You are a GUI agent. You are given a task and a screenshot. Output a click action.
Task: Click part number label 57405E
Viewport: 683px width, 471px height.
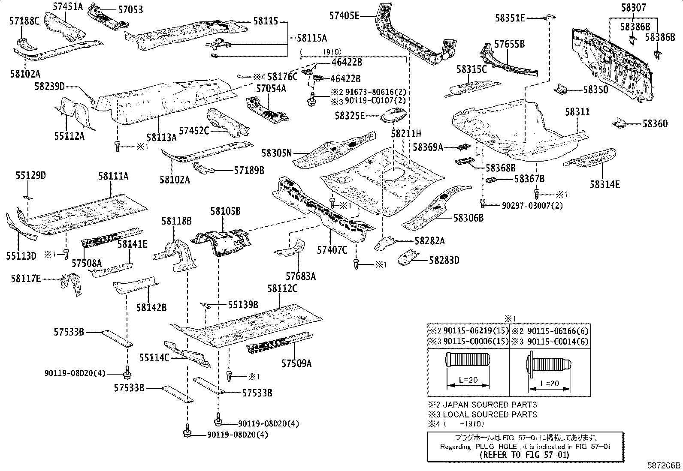coord(344,16)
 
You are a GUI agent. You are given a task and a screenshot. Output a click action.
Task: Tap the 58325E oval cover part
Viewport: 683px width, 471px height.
coord(394,115)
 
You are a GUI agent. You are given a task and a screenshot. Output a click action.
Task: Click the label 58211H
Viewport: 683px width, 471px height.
coord(405,134)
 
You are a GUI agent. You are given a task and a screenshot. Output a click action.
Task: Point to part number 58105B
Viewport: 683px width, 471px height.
coord(225,211)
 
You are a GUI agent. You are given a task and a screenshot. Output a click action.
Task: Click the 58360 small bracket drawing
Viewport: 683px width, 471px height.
coord(619,123)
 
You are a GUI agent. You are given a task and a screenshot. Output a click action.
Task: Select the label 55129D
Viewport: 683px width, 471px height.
coord(31,175)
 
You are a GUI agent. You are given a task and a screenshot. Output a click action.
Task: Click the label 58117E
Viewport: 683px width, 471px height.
coord(26,279)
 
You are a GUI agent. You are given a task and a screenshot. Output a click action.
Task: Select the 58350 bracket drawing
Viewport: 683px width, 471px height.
coord(561,90)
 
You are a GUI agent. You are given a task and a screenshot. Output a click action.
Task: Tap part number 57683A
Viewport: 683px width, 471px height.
coord(301,276)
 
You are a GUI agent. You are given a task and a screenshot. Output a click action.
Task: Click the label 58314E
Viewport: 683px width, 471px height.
coord(604,185)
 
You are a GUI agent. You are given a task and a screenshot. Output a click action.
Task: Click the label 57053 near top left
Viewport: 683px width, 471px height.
coord(128,10)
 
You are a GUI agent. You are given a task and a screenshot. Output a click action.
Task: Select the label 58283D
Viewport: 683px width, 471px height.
coord(444,260)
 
